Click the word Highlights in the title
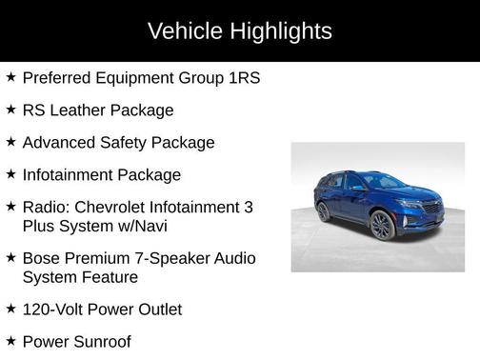pos(281,31)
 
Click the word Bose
pos(42,258)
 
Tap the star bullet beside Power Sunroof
pos(10,340)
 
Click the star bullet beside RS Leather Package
pos(10,109)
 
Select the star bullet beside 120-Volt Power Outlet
pos(10,309)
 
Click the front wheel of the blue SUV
pos(382,225)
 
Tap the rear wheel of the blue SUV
pos(325,211)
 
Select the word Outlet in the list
pos(157,310)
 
